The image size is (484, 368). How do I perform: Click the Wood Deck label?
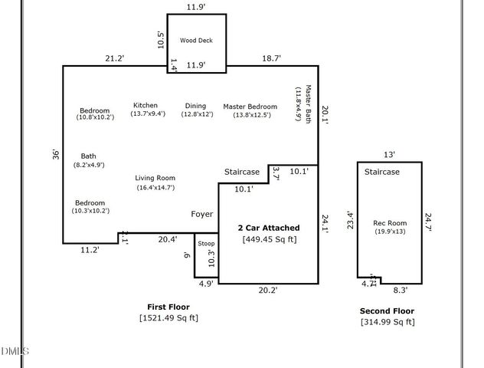tap(196, 41)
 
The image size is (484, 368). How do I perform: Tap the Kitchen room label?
tap(146, 106)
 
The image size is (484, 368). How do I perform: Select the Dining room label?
tap(195, 106)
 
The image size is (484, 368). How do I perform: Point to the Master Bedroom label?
tap(250, 106)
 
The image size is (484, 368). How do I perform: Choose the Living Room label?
tap(155, 178)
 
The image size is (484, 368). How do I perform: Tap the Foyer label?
tap(202, 214)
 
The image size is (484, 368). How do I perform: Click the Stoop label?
tap(206, 244)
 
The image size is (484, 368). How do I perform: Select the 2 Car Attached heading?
tap(268, 228)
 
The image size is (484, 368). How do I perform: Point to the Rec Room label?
tap(389, 223)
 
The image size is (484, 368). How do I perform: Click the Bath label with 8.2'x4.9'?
tap(89, 155)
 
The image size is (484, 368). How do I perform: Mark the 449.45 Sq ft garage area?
tap(269, 239)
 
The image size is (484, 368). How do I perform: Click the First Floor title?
tap(168, 306)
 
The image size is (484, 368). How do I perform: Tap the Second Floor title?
tap(387, 310)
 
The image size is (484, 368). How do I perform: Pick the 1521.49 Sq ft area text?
tap(168, 317)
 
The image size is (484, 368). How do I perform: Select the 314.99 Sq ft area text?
tap(388, 322)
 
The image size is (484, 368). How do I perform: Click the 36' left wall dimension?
tap(56, 154)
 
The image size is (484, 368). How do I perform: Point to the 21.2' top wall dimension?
tap(116, 58)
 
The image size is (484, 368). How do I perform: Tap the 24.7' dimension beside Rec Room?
tap(429, 222)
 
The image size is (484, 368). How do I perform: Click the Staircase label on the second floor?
tap(381, 172)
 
